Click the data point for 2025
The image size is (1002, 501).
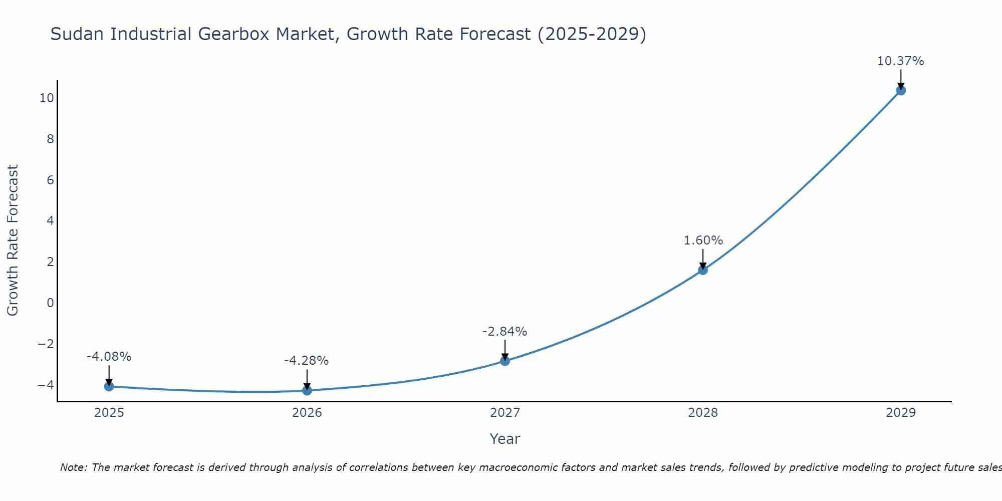(109, 386)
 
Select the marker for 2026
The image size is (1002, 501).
(307, 390)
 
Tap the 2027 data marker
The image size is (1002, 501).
(505, 361)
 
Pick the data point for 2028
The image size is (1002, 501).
(703, 270)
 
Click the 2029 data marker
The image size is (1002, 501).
(901, 91)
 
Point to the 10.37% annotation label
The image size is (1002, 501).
(900, 61)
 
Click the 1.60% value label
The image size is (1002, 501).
(703, 240)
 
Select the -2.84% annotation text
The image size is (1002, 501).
(505, 332)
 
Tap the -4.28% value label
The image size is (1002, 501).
(306, 361)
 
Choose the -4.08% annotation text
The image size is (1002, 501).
(109, 357)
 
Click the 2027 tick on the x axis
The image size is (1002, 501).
(505, 413)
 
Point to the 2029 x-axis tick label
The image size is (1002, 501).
(901, 413)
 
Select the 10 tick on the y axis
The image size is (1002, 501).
(47, 98)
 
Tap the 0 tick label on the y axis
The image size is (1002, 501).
(50, 303)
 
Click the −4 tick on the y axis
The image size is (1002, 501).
(46, 385)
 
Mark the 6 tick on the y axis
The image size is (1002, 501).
(50, 180)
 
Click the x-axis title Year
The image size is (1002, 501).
(505, 439)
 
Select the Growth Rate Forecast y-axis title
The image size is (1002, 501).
(13, 240)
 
